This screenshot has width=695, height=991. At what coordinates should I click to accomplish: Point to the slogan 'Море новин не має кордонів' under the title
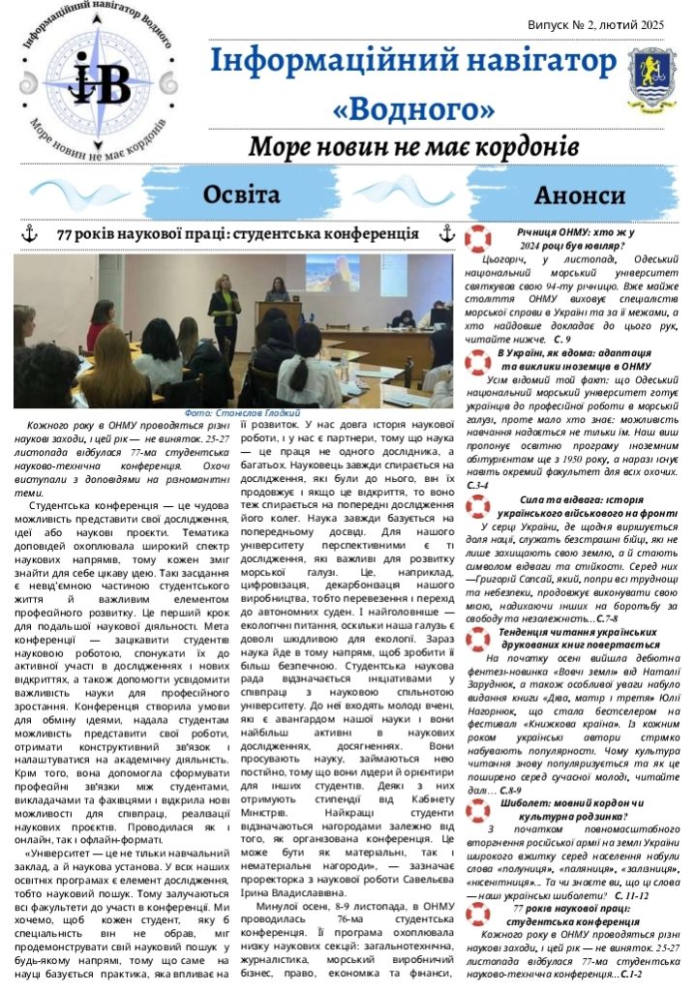click(x=413, y=148)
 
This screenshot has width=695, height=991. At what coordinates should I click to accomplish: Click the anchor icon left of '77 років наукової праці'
click(x=29, y=233)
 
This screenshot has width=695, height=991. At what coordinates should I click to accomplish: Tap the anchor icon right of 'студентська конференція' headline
click(x=446, y=233)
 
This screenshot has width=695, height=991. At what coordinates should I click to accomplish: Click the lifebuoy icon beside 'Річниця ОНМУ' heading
click(x=478, y=237)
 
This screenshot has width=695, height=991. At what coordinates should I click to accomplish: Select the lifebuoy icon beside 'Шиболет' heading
click(x=478, y=810)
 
